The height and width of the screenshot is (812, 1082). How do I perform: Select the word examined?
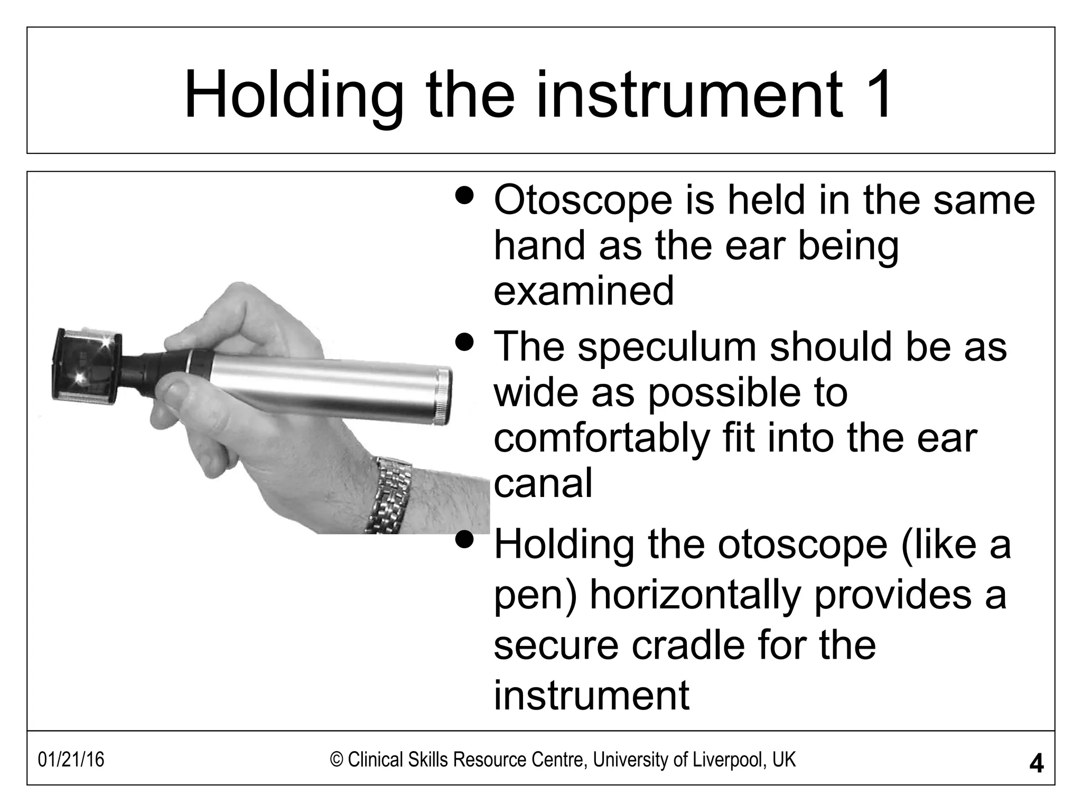click(x=584, y=291)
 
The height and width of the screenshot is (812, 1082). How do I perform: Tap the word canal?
click(x=543, y=483)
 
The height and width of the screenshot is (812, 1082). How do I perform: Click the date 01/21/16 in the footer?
click(x=71, y=760)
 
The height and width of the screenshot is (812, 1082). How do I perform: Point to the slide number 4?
click(x=1036, y=763)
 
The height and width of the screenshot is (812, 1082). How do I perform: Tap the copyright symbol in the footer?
click(x=337, y=760)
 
